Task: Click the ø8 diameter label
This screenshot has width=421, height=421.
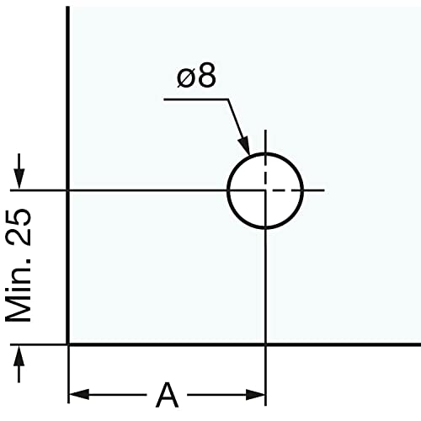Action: (x=196, y=75)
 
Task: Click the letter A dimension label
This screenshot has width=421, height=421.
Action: (x=167, y=395)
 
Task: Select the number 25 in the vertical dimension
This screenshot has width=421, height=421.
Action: (x=19, y=226)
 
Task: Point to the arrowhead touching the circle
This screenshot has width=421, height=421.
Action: (x=244, y=146)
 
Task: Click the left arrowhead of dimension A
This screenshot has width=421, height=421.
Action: (x=79, y=395)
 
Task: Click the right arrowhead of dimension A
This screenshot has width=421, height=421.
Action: (x=255, y=395)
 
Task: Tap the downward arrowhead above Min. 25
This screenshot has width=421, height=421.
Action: (x=19, y=179)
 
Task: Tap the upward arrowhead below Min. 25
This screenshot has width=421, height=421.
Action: (x=19, y=356)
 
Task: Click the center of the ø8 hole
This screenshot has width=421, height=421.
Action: (x=265, y=190)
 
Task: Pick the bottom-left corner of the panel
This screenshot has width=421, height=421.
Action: (x=68, y=344)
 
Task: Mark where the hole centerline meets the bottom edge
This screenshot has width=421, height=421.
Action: (x=265, y=344)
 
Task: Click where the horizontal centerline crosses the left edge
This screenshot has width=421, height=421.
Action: (x=68, y=190)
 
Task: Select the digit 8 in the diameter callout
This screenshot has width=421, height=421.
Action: (x=207, y=75)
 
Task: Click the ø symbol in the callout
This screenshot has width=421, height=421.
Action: (x=186, y=77)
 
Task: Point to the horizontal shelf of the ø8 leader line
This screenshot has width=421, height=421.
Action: (x=196, y=99)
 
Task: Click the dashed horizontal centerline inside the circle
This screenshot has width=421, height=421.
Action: (x=284, y=190)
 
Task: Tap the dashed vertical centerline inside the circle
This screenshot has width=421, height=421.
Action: (x=265, y=172)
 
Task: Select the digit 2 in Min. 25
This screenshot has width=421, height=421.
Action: (x=19, y=237)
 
